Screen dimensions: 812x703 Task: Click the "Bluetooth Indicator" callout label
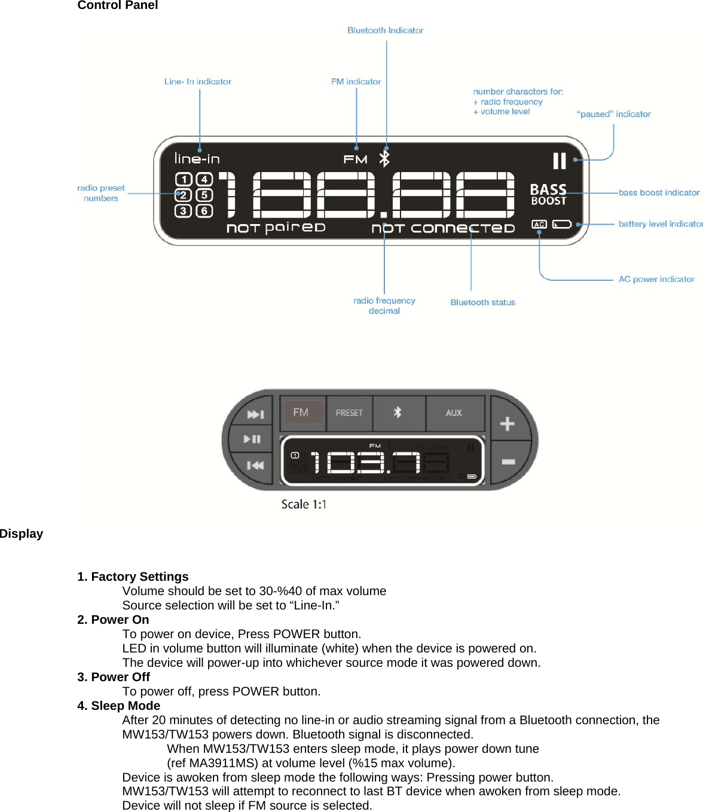385,30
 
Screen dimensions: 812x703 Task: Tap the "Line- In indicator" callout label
197,82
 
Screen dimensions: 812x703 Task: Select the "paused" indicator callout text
613,114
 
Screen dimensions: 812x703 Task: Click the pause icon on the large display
559,161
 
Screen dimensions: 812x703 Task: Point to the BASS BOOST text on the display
548,195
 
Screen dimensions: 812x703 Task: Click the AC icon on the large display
539,225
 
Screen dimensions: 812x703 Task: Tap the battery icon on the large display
562,225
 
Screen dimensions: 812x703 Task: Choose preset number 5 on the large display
204,195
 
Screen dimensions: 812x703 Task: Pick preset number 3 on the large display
184,210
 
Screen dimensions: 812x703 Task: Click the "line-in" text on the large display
197,159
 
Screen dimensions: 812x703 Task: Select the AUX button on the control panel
454,413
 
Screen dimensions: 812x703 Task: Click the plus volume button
508,424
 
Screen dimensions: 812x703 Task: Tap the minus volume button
508,462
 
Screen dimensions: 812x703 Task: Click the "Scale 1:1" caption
304,504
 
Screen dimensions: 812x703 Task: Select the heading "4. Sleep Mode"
118,706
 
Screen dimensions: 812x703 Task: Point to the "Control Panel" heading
118,5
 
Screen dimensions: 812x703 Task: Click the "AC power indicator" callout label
656,279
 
